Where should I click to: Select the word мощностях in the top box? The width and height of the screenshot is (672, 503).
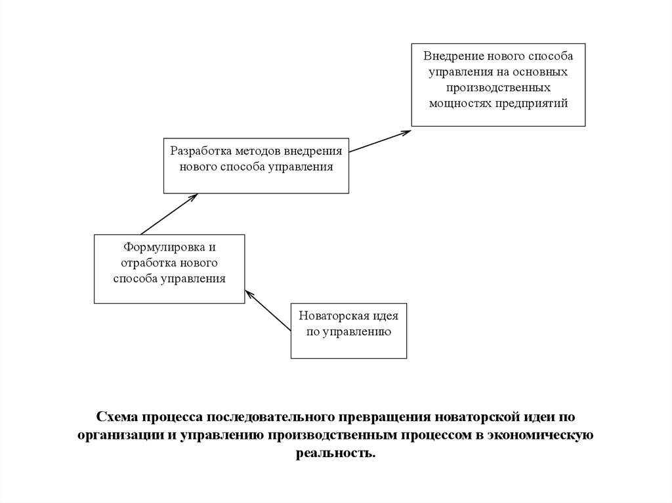457,103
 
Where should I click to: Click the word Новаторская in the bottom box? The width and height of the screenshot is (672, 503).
331,315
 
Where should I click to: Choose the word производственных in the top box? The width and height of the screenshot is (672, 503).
498,87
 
